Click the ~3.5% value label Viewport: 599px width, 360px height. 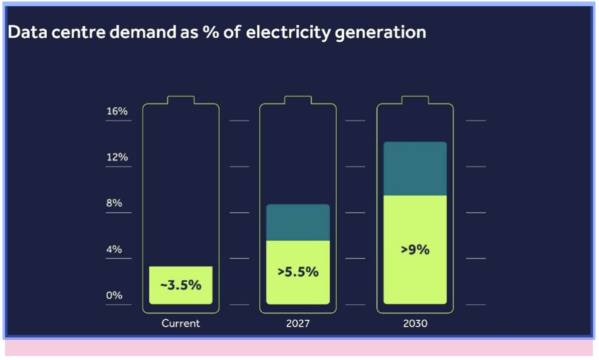(181, 285)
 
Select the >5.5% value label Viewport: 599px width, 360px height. (298, 272)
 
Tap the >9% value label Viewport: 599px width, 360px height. (415, 249)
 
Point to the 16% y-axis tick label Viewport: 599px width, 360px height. (117, 111)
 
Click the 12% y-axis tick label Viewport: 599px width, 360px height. (117, 157)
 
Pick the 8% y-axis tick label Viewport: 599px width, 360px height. (114, 203)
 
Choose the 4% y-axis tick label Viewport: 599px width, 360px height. (114, 249)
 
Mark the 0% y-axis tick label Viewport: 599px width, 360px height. (114, 295)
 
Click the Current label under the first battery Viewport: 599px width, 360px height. (181, 323)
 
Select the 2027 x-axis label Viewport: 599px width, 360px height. (298, 323)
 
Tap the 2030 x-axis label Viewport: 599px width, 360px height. (415, 323)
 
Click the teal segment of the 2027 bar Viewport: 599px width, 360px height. (298, 222)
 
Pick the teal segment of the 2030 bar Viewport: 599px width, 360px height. (415, 168)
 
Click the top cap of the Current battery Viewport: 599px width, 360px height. (181, 100)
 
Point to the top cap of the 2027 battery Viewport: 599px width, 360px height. (298, 100)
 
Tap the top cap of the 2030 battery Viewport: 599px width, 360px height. (415, 100)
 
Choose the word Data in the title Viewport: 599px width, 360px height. (25, 32)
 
